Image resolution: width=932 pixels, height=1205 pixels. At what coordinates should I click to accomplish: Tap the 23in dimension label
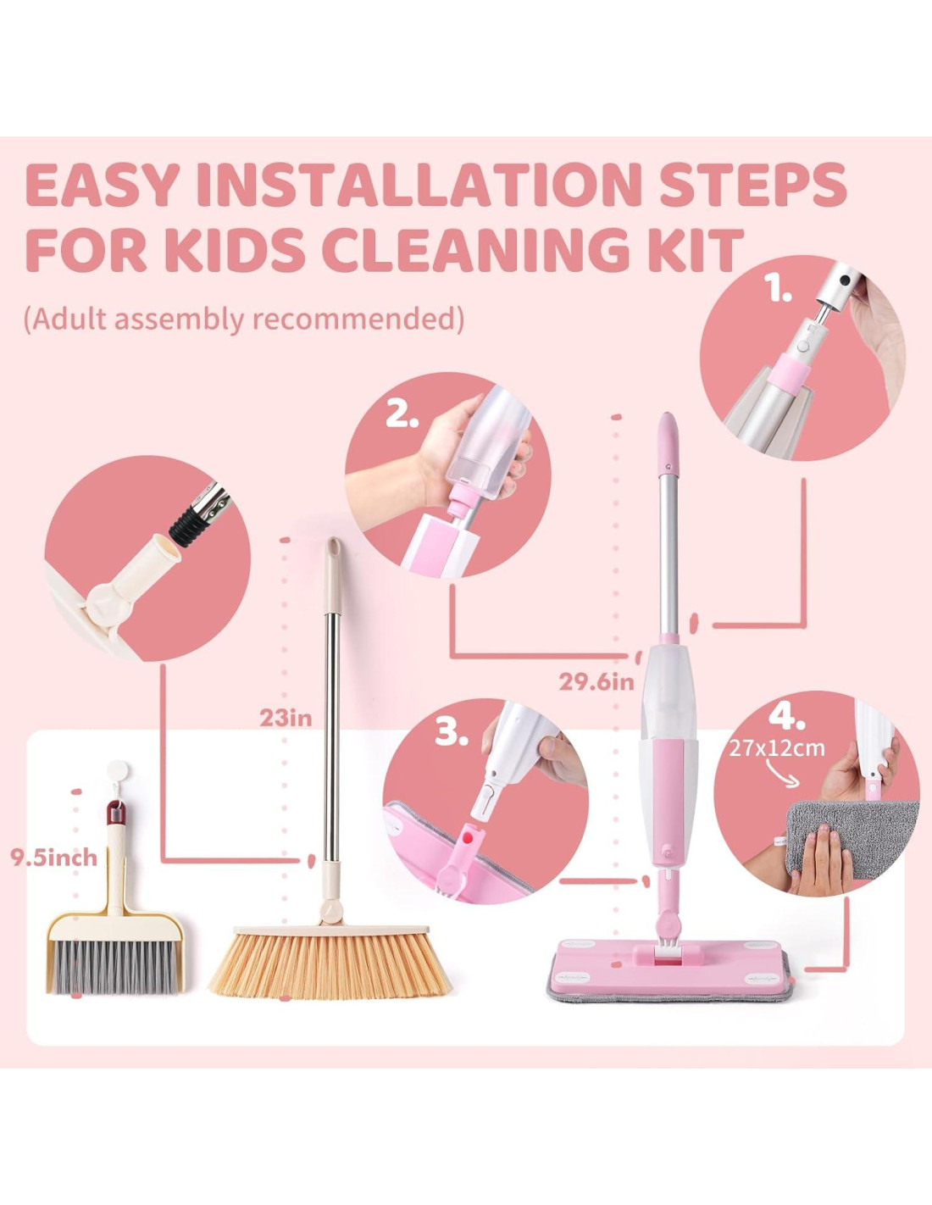(x=286, y=719)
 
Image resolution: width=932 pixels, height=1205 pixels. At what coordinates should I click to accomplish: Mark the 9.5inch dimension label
(x=53, y=858)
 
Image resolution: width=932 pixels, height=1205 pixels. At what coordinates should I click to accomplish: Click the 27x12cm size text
(x=777, y=749)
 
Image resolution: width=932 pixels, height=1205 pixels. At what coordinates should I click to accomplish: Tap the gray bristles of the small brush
(x=115, y=966)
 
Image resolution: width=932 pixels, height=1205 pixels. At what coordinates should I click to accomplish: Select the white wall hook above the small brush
(x=118, y=770)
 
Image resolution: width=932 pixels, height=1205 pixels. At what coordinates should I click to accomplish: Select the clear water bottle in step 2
(x=488, y=441)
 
